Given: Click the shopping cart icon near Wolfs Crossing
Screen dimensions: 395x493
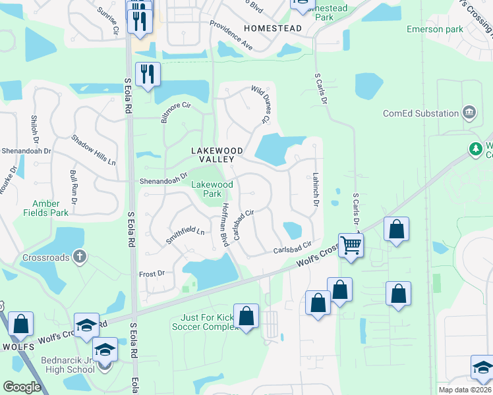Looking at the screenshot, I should (351, 246).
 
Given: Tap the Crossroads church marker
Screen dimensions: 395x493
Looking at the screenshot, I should (79, 257).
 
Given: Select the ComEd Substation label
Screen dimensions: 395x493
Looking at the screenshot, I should (421, 113).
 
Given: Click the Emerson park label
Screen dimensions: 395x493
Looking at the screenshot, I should (435, 29).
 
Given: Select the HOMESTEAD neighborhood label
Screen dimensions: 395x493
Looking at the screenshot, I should (272, 28).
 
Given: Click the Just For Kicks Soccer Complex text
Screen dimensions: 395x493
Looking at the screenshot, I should (204, 322).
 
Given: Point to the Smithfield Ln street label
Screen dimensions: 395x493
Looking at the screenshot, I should (185, 235).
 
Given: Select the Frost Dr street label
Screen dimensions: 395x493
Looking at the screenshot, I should (152, 273).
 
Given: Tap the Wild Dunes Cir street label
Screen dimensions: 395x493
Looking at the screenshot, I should (261, 105).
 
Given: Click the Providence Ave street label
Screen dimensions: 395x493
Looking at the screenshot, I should (231, 36).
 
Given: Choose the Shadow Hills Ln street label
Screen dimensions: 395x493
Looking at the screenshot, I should (94, 151).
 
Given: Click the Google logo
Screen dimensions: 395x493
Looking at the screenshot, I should (22, 387).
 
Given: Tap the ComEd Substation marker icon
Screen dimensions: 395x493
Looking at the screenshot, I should (469, 113).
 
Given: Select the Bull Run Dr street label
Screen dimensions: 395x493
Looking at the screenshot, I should (74, 185).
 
